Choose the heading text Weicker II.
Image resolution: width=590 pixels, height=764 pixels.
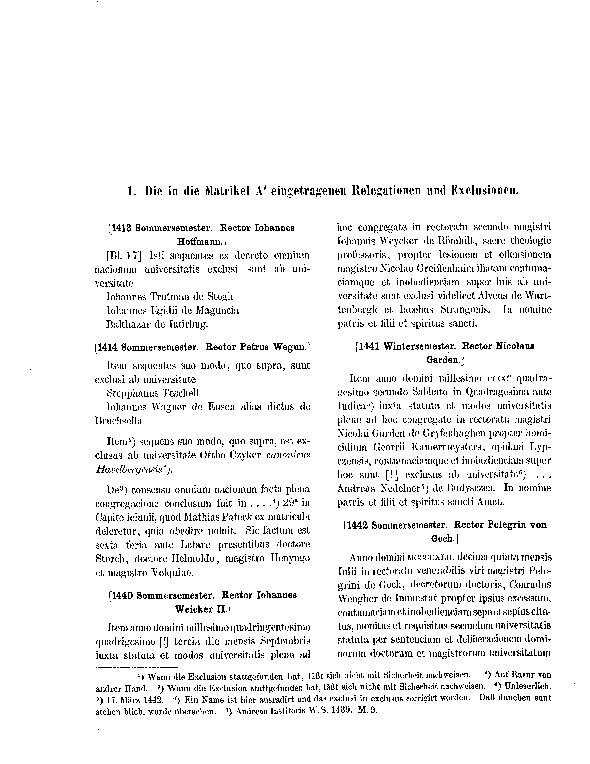(200, 609)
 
